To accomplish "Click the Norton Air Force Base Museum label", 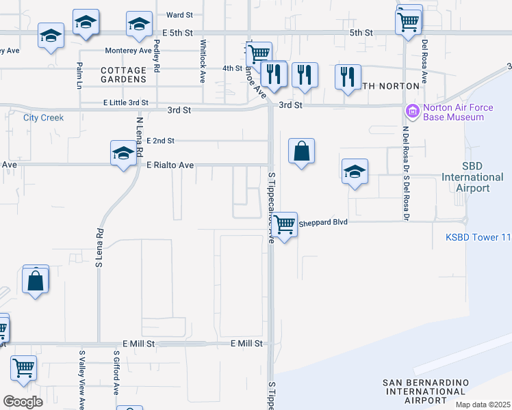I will [453, 112].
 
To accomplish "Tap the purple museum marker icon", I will [412, 111].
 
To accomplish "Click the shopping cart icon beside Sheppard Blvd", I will [284, 223].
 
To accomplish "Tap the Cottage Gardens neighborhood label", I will [123, 74].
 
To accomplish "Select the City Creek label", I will [43, 118].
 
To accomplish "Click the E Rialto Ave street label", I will [170, 165].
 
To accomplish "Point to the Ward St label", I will [180, 14].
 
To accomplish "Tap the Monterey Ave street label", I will [128, 51].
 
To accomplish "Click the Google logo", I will [23, 402].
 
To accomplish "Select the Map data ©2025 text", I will [482, 405].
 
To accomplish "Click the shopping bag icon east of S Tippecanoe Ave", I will [302, 152].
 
